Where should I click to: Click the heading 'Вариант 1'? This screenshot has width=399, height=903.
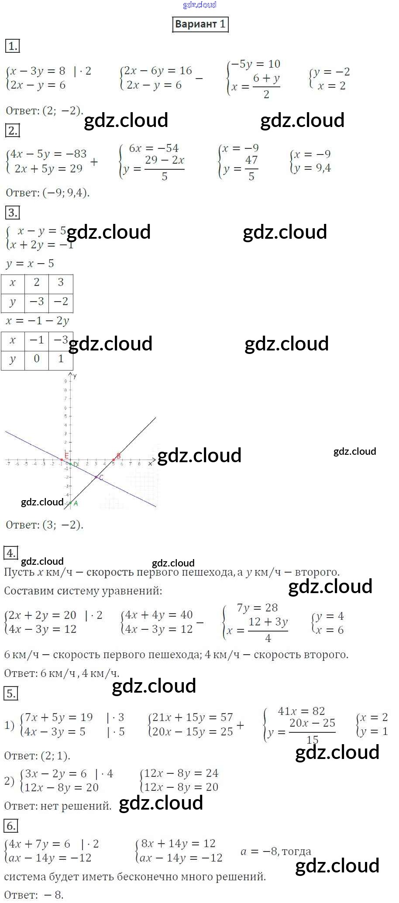(200, 24)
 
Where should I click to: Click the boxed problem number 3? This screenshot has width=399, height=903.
(12, 213)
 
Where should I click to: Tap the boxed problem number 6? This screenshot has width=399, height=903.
(10, 826)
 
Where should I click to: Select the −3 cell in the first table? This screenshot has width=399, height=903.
(37, 302)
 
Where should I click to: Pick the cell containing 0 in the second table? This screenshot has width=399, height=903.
(37, 359)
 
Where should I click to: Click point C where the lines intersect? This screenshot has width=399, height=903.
(96, 477)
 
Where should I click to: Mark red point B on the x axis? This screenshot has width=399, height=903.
(114, 460)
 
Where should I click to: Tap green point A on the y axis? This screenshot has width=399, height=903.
(70, 503)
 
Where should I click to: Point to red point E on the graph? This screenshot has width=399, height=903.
(62, 459)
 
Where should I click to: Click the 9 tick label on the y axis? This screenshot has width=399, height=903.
(66, 381)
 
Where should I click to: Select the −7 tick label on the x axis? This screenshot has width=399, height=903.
(8, 464)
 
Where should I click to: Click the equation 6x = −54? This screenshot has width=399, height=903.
(154, 148)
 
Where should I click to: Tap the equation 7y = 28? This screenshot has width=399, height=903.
(257, 608)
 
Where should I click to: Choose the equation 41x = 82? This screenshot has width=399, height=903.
(301, 711)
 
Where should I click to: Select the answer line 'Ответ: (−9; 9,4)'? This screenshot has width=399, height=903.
(48, 192)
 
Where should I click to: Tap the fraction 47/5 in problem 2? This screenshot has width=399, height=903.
(251, 168)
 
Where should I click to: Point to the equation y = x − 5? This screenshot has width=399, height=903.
(30, 264)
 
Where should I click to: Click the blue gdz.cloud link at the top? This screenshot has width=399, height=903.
(199, 5)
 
